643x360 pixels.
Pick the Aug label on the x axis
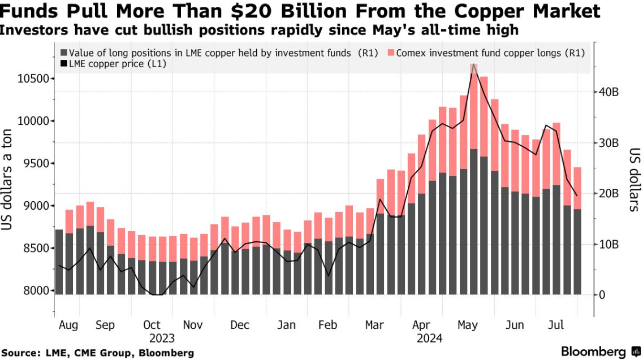pyautogui.click(x=68, y=326)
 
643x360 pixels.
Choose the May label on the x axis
pyautogui.click(x=468, y=326)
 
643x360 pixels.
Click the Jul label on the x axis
pyautogui.click(x=557, y=326)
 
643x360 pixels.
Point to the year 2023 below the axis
pyautogui.click(x=162, y=339)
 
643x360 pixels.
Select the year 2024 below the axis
pyautogui.click(x=429, y=339)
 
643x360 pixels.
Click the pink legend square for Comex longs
pyautogui.click(x=391, y=53)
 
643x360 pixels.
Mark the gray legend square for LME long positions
pyautogui.click(x=63, y=53)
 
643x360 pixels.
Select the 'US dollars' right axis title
pyautogui.click(x=635, y=180)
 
